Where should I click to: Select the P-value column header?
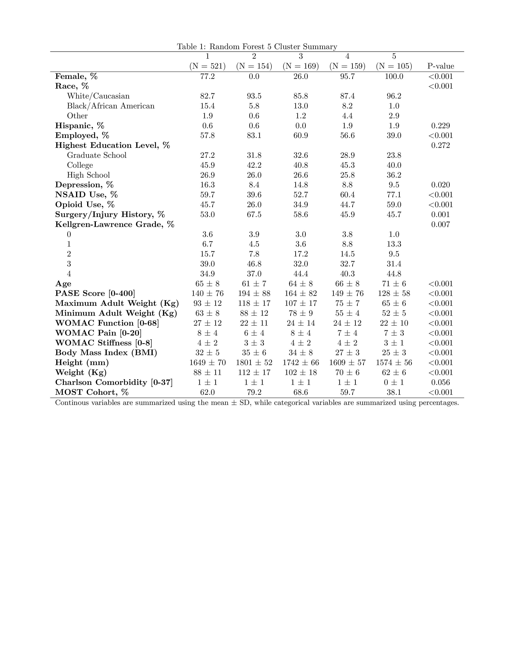pos(440,66)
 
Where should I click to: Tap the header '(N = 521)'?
pos(207,66)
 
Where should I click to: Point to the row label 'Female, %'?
pos(76,76)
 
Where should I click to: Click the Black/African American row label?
pos(111,106)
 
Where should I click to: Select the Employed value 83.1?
pos(254,136)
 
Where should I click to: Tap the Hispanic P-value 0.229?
pos(440,126)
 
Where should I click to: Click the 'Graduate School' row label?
pos(97,155)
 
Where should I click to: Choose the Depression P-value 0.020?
pos(440,185)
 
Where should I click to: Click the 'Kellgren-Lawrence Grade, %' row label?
pos(115,225)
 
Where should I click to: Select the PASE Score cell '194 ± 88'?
pos(254,294)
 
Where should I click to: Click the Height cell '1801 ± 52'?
pos(254,363)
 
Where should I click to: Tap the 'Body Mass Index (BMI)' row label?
pos(106,353)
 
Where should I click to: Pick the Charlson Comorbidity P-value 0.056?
pos(440,383)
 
